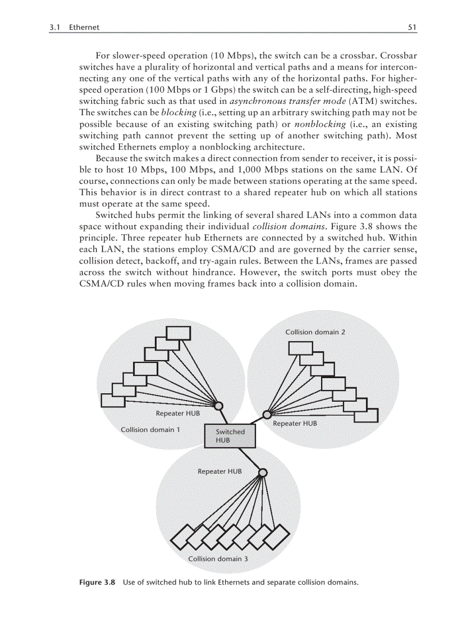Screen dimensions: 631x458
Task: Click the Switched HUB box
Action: click(230, 435)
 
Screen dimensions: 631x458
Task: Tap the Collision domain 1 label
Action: click(150, 430)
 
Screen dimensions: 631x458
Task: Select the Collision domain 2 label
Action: click(315, 332)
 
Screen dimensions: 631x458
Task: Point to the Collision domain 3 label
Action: click(218, 559)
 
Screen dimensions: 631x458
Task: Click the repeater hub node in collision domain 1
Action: click(219, 406)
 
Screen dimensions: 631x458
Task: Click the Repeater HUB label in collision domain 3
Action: click(219, 471)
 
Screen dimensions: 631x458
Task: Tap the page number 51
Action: click(412, 27)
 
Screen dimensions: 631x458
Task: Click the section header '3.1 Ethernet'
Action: click(75, 27)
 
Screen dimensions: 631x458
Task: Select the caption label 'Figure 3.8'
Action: click(97, 582)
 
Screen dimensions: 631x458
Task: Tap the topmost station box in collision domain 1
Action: click(178, 332)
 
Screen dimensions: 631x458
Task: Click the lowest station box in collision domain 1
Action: click(113, 400)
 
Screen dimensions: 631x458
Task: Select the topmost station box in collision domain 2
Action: click(300, 348)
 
